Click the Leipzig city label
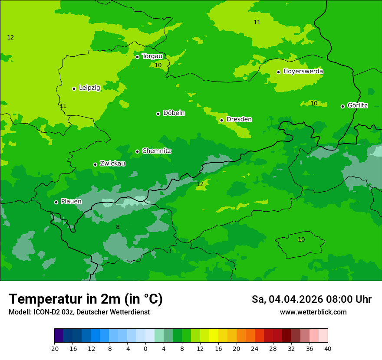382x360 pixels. pyautogui.click(x=89, y=88)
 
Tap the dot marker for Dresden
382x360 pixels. pyautogui.click(x=221, y=120)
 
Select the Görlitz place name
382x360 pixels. pyautogui.click(x=357, y=105)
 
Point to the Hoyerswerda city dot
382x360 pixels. pyautogui.click(x=278, y=72)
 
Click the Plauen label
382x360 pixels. pyautogui.click(x=71, y=201)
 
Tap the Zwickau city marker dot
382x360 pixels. pyautogui.click(x=95, y=164)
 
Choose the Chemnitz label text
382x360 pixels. pyautogui.click(x=156, y=151)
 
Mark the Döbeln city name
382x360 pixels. pyautogui.click(x=174, y=113)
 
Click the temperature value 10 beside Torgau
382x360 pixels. pyautogui.click(x=158, y=65)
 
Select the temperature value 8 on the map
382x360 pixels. pyautogui.click(x=118, y=227)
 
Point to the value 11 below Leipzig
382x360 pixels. pyautogui.click(x=63, y=106)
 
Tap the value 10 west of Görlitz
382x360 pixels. pyautogui.click(x=314, y=103)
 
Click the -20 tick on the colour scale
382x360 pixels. pyautogui.click(x=54, y=348)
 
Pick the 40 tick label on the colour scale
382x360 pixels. pyautogui.click(x=328, y=348)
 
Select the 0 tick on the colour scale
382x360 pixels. pyautogui.click(x=145, y=348)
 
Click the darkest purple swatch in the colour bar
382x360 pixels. pyautogui.click(x=59, y=336)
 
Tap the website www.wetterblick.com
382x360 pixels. pyautogui.click(x=313, y=312)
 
